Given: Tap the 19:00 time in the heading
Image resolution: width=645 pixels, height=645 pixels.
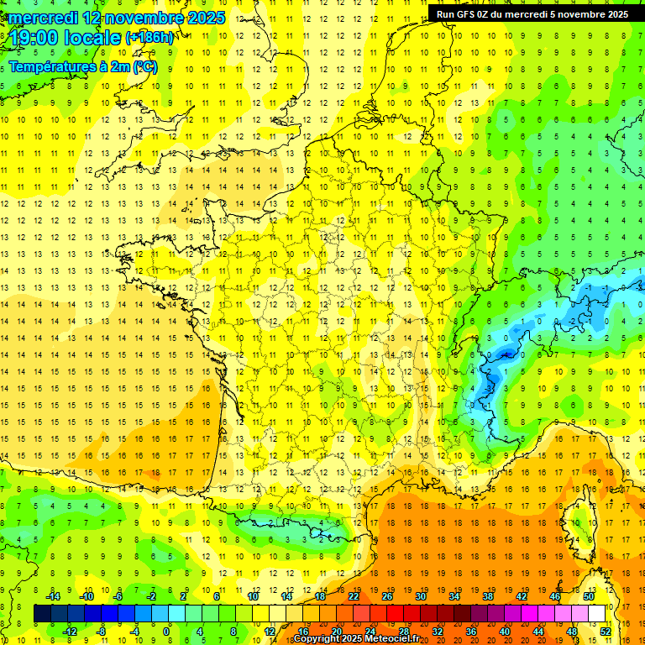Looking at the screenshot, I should click(35, 38).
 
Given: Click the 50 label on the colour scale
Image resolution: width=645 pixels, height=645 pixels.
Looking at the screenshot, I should click(589, 596).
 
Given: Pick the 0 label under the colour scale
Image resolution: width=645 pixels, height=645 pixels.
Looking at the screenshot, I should click(166, 632).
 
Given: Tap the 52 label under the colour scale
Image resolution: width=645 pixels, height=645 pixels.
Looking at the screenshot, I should click(606, 632).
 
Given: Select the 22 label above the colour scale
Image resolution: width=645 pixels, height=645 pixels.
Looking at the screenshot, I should click(354, 596).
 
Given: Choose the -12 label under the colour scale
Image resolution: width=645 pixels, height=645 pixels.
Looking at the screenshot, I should click(70, 632).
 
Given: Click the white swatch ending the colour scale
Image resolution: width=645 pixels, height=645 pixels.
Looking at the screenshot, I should click(597, 614).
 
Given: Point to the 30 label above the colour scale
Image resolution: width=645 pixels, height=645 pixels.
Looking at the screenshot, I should click(421, 596).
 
